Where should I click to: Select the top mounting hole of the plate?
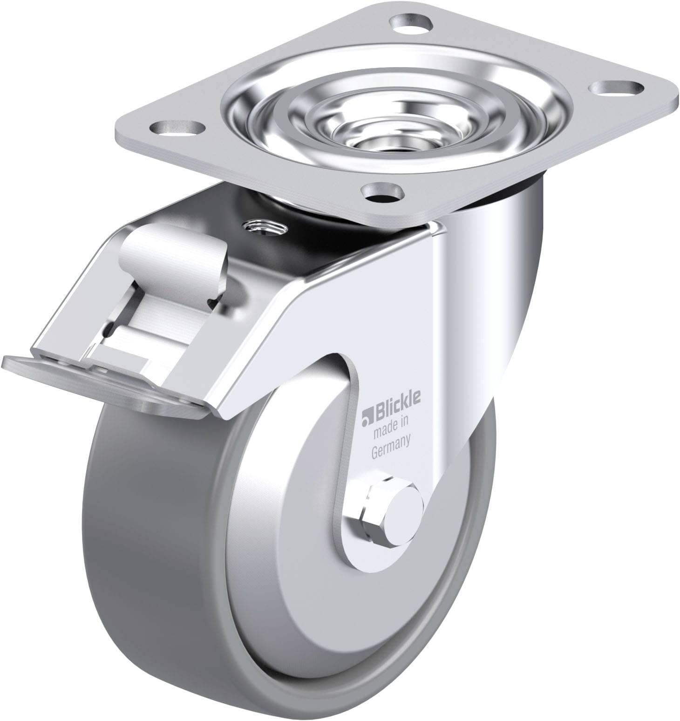[x=409, y=22]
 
